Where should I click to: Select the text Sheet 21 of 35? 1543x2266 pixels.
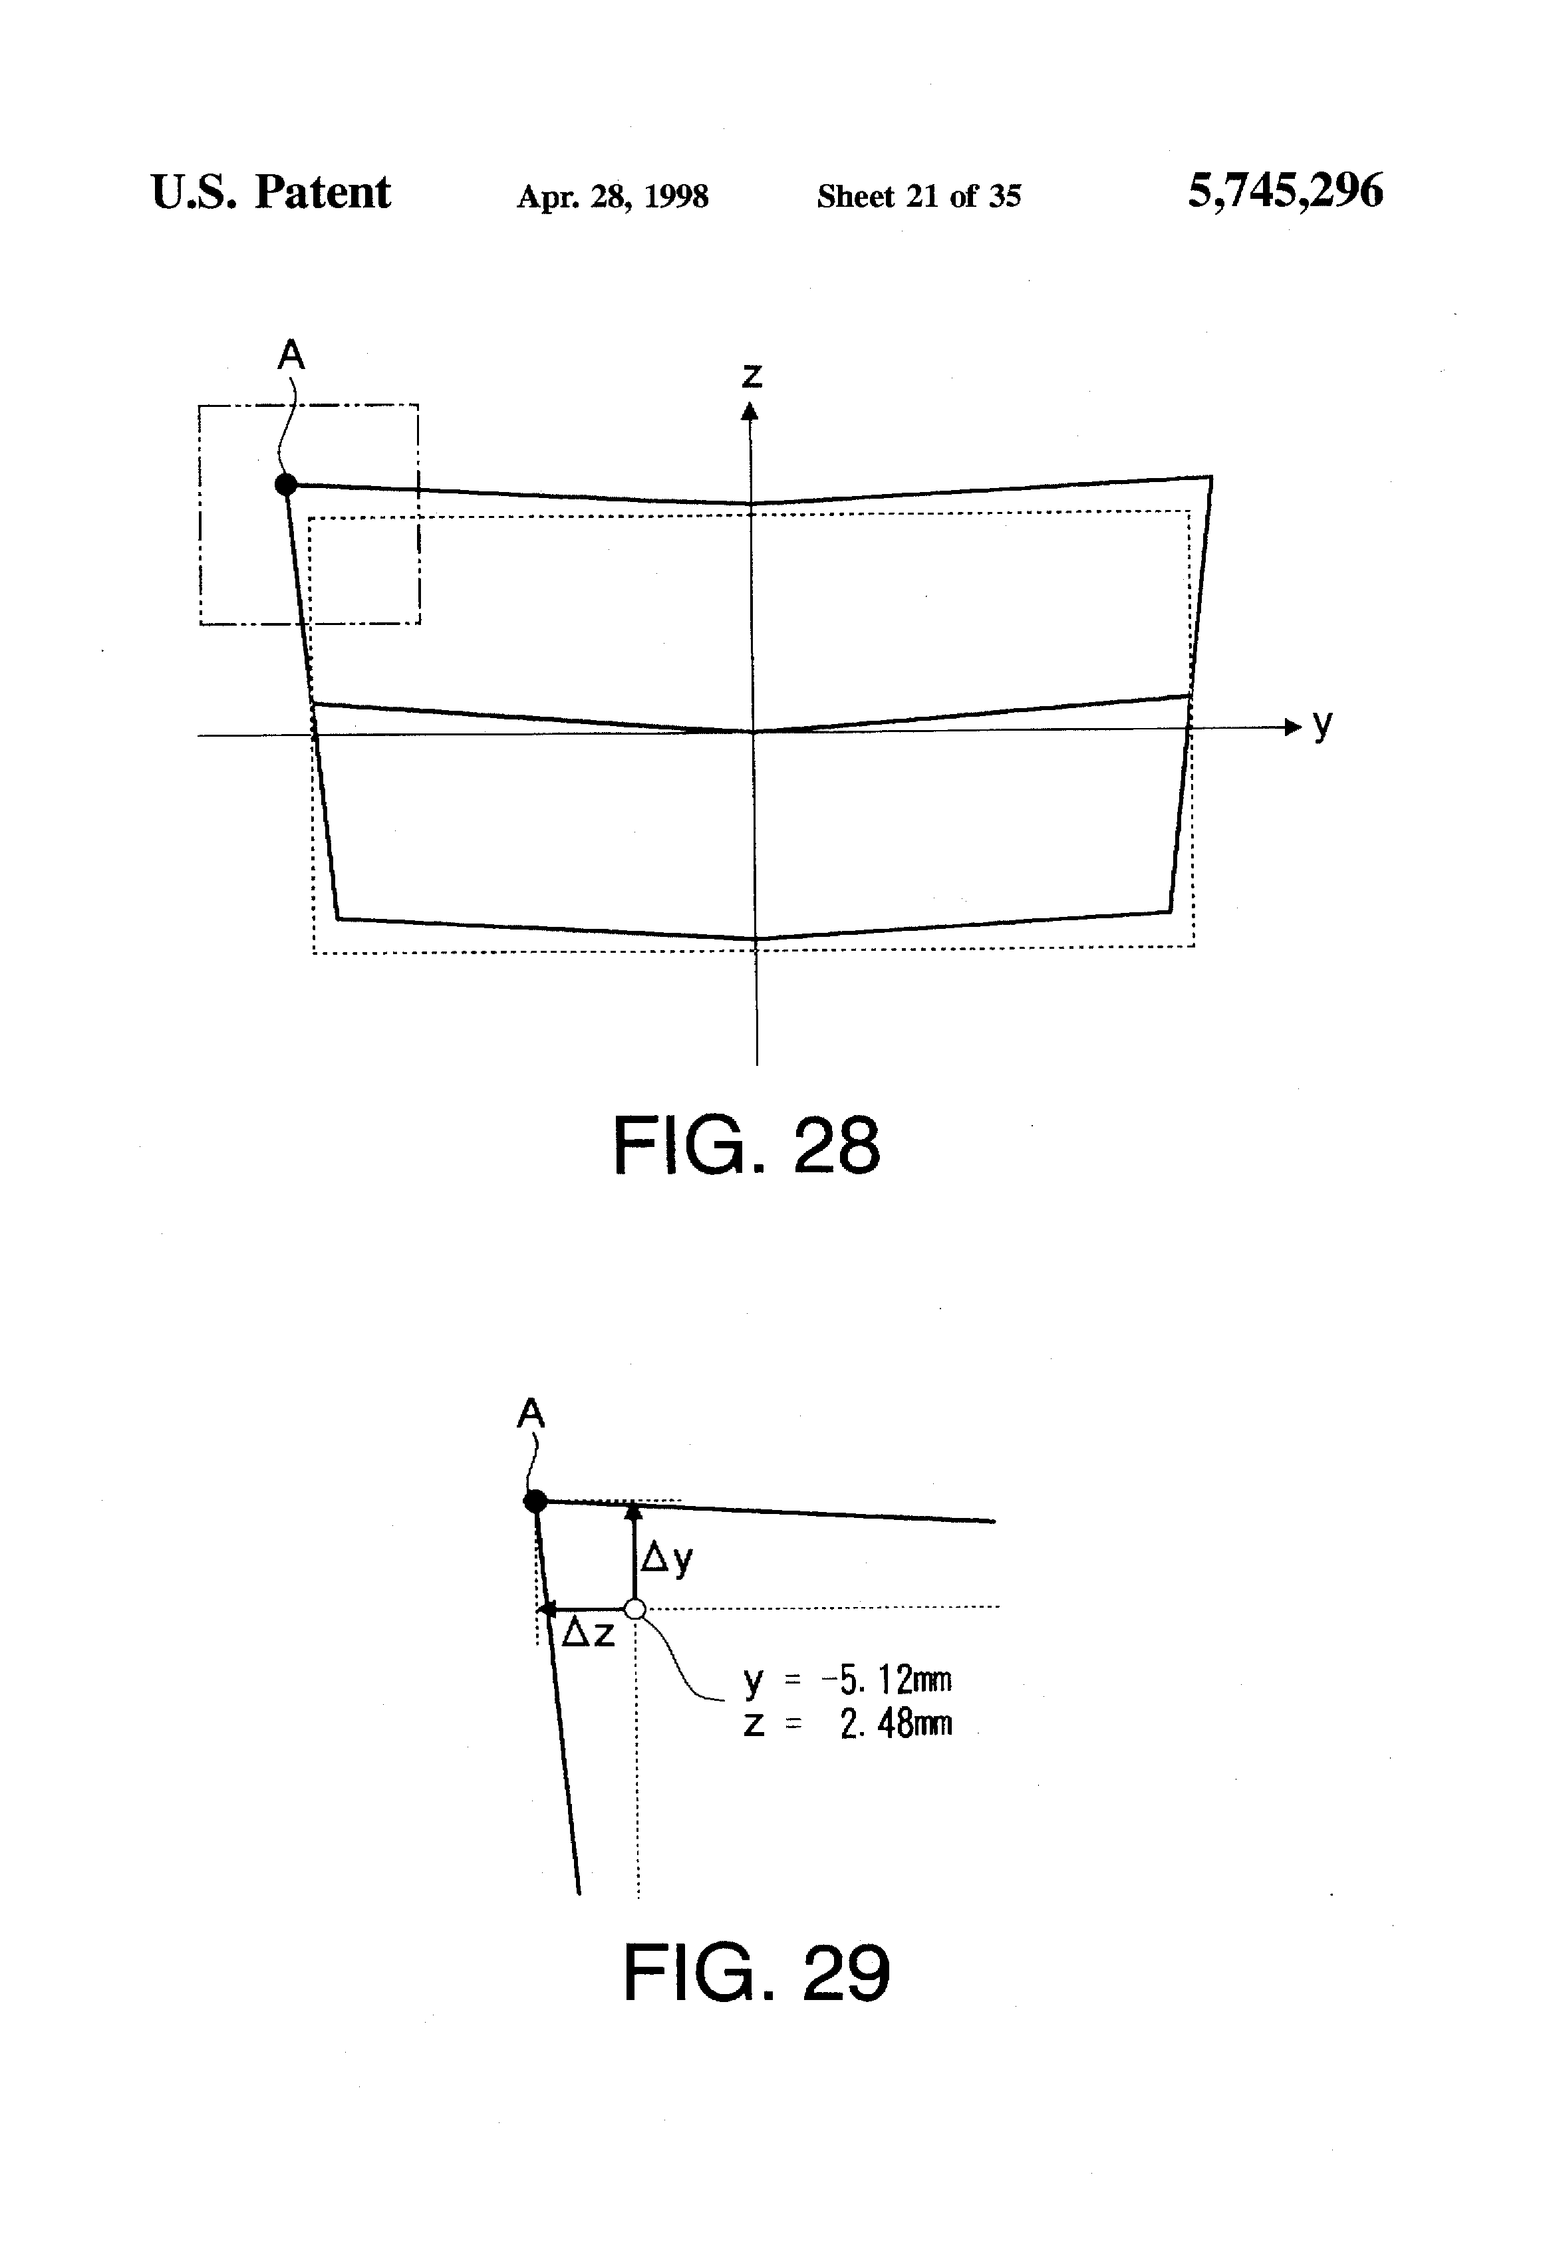918,197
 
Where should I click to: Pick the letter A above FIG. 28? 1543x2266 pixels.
291,356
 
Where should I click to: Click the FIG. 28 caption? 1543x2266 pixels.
746,1147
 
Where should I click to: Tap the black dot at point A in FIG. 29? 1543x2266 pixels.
535,1501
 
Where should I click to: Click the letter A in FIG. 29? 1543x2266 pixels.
531,1413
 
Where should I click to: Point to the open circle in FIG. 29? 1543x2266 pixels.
635,1609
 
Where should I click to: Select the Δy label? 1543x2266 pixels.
667,1559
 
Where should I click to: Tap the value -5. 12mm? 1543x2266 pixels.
887,1680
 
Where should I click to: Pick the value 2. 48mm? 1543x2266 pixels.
895,1725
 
